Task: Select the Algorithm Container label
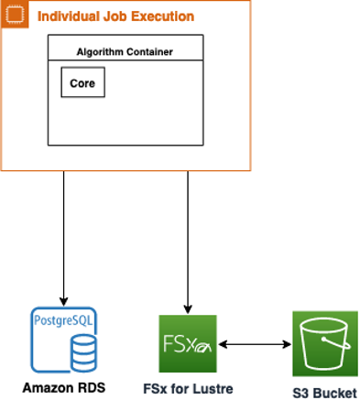(x=125, y=51)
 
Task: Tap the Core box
(x=83, y=82)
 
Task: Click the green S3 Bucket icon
(x=324, y=344)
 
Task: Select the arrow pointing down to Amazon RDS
(x=63, y=238)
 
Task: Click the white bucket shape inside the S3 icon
(x=324, y=345)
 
